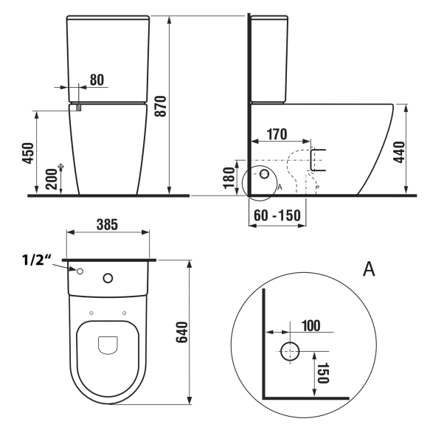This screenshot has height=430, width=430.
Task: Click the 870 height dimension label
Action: [x=161, y=106]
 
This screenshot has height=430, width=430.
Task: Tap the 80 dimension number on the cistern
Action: [x=97, y=80]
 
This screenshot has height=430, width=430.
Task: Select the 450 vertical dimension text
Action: [x=28, y=153]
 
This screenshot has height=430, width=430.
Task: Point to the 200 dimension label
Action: [x=52, y=179]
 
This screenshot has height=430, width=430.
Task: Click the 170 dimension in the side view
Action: [x=277, y=134]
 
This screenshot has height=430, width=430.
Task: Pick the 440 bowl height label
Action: [x=399, y=152]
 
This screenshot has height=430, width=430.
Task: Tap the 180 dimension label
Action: [x=229, y=178]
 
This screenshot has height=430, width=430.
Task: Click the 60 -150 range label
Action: [x=277, y=215]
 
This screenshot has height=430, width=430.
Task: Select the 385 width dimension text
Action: [x=107, y=225]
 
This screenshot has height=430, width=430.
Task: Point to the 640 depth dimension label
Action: [x=182, y=333]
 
